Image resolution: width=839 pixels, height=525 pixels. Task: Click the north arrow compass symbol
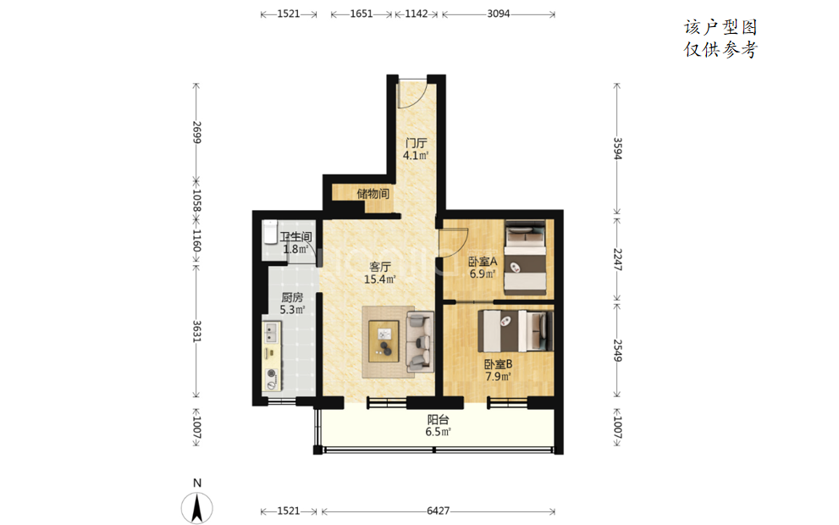(x=197, y=507)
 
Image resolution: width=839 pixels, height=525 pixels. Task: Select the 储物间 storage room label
(x=373, y=194)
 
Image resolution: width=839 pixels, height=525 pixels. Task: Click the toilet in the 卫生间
(x=270, y=232)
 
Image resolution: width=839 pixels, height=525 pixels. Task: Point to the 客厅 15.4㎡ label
(x=379, y=273)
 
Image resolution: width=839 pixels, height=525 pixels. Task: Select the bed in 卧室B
(x=516, y=331)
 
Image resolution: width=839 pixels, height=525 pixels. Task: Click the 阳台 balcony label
(x=438, y=426)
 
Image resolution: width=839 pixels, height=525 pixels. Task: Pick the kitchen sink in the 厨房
(x=271, y=332)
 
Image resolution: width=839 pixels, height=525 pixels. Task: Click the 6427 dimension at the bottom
(x=439, y=511)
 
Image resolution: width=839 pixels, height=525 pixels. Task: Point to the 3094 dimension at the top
(x=498, y=14)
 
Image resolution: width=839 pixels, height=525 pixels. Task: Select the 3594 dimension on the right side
(x=617, y=148)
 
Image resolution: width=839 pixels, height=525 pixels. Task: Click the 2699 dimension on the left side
(x=196, y=132)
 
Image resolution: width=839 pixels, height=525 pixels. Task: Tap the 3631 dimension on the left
(x=196, y=332)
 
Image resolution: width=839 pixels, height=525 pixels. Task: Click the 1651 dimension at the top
(x=362, y=14)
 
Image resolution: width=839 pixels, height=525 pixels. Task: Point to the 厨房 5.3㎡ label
(x=292, y=303)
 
